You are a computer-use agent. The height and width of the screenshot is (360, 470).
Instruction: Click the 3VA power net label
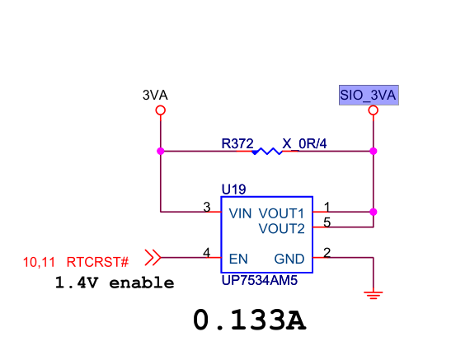pos(155,96)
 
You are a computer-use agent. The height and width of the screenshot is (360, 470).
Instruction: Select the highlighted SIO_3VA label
pos(369,96)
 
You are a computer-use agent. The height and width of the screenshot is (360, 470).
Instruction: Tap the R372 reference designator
pos(237,144)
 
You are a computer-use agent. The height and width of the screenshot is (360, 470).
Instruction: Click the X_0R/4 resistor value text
pos(304,144)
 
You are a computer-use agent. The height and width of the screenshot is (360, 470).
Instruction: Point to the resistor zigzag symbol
pos(267,152)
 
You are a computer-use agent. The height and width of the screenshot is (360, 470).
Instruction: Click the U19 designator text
pos(234,189)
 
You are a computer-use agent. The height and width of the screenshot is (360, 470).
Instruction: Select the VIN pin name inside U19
pos(240,213)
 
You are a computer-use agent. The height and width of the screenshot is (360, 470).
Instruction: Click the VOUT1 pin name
pos(281,213)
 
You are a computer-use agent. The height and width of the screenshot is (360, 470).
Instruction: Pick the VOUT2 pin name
pos(282,229)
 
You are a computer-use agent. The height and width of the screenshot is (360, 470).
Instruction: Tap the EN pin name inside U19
pos(238,259)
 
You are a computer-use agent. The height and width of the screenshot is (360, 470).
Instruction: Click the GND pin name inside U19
pos(289,259)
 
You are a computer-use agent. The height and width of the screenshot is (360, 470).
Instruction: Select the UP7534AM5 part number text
pos(260,281)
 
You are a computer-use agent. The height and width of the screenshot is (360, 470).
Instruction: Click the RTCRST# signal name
pos(97,262)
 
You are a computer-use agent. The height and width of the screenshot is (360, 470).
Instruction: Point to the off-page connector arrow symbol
pos(153,257)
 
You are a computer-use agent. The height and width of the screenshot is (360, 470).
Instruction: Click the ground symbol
pos(374,295)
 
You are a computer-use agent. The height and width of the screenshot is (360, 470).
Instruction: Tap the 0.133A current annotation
pos(249,320)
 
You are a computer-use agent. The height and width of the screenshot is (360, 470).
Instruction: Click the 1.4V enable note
pos(115,283)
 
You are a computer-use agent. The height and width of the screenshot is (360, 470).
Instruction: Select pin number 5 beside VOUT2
pos(327,222)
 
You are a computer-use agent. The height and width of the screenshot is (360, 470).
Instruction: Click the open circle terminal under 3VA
pos(161,110)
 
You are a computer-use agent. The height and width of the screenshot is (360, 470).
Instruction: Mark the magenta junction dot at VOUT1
pos(374,212)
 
